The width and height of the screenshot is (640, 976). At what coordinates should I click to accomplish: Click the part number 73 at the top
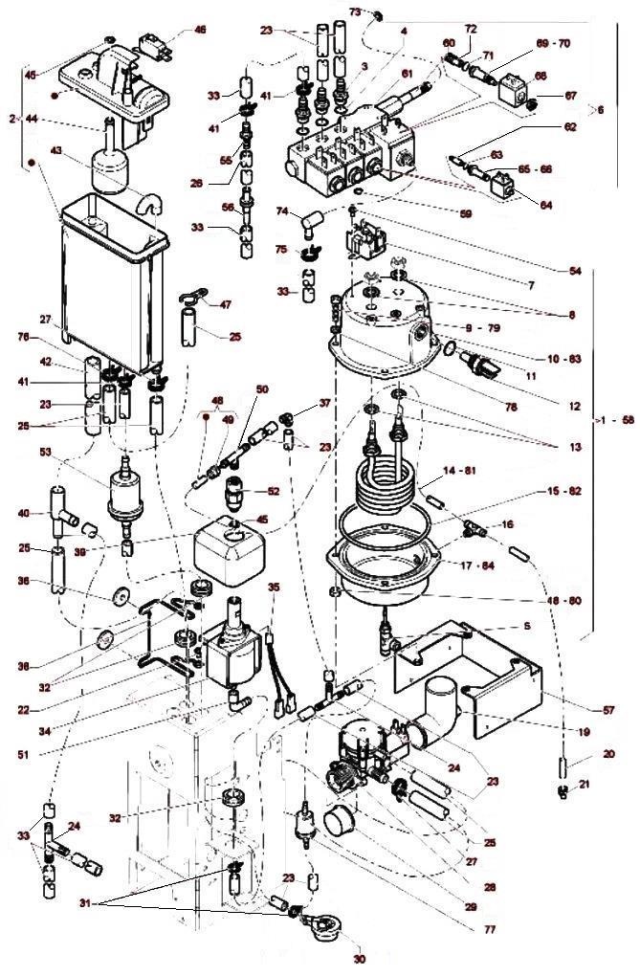click(x=355, y=11)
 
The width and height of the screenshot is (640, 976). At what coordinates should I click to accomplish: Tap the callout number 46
click(x=200, y=30)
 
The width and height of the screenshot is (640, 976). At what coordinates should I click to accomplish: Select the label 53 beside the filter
click(x=45, y=451)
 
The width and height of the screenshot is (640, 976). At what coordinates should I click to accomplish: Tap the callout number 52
click(x=274, y=491)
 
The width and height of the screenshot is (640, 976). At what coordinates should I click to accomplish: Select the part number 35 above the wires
click(x=275, y=587)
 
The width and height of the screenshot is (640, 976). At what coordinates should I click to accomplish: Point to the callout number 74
click(x=282, y=211)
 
